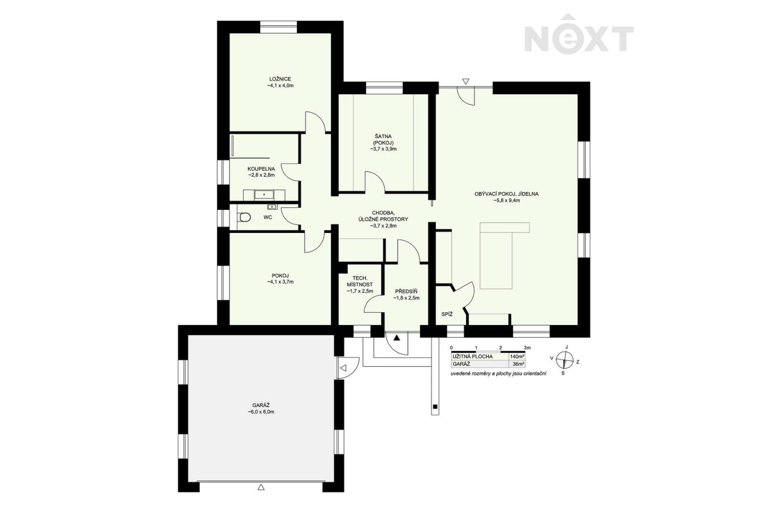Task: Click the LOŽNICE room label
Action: [x=280, y=79]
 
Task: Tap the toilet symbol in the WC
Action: [x=245, y=217]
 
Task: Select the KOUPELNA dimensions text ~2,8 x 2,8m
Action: [x=262, y=175]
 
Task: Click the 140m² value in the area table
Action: [x=517, y=357]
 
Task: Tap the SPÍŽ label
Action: [x=447, y=314]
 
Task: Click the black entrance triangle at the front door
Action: [x=397, y=338]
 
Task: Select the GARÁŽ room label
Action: [x=261, y=406]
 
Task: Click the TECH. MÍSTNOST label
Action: [x=359, y=281]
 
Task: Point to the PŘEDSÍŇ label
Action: [x=407, y=291]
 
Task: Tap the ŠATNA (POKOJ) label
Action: [x=383, y=139]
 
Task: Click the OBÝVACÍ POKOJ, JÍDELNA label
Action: [x=506, y=194]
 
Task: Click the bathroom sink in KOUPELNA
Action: [x=264, y=195]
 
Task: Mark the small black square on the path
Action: [x=435, y=407]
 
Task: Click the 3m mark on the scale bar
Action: [x=527, y=348]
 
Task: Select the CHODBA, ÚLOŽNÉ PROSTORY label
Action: [x=383, y=216]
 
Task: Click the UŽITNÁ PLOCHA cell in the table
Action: [x=473, y=357]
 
